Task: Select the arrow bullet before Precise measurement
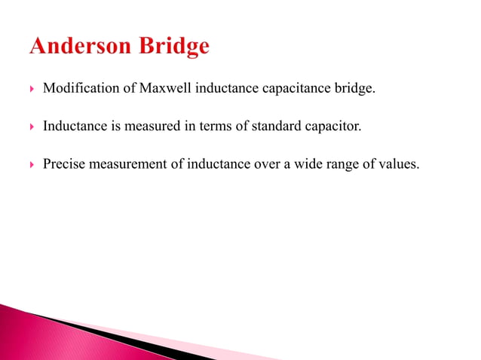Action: click(x=31, y=163)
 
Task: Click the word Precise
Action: click(x=63, y=163)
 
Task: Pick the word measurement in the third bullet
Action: click(x=130, y=163)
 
